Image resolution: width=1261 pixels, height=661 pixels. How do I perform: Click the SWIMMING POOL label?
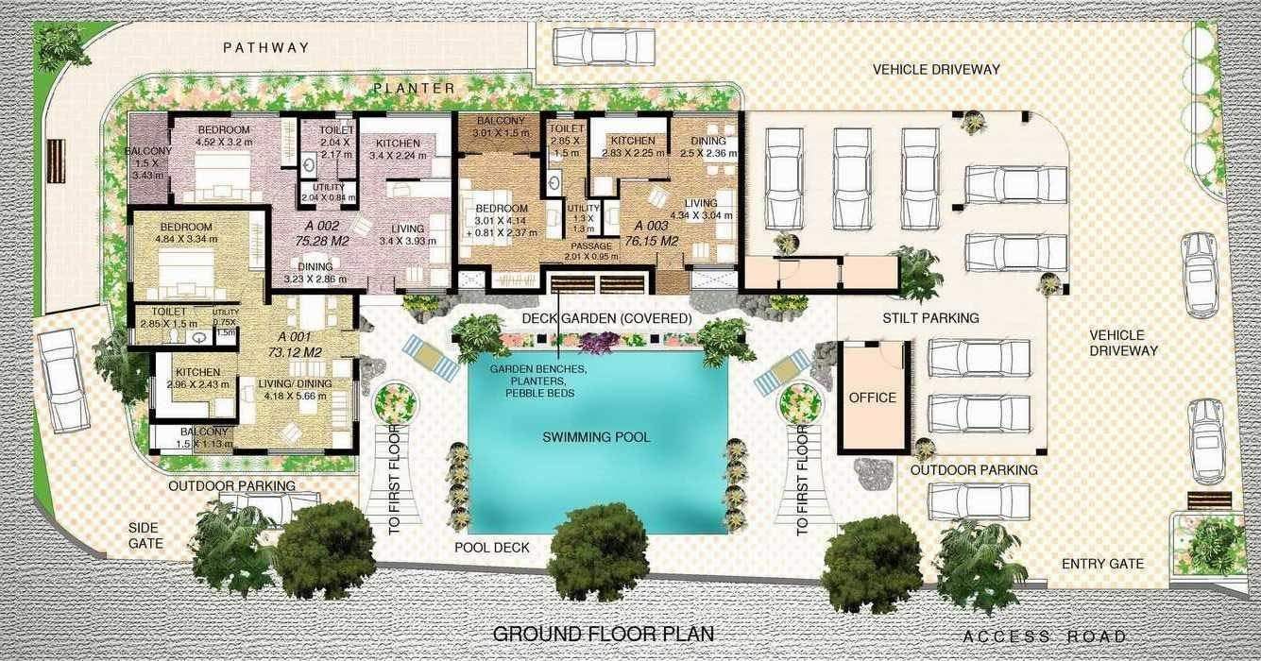click(596, 437)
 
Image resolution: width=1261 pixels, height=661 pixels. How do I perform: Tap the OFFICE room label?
click(872, 398)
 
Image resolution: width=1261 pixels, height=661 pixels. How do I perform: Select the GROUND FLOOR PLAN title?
click(604, 634)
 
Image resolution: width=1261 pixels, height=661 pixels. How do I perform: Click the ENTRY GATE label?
click(1102, 564)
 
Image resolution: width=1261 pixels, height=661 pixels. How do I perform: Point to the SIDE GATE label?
click(146, 535)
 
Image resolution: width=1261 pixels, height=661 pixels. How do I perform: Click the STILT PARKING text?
click(929, 318)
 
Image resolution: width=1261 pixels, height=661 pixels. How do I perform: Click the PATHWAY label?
click(265, 47)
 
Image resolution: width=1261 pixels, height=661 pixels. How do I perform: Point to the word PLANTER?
click(414, 88)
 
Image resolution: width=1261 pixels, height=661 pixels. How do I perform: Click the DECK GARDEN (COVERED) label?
click(606, 318)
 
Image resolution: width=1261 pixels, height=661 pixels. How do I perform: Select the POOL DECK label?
click(491, 548)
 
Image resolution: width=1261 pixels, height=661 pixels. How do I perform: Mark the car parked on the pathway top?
click(604, 44)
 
